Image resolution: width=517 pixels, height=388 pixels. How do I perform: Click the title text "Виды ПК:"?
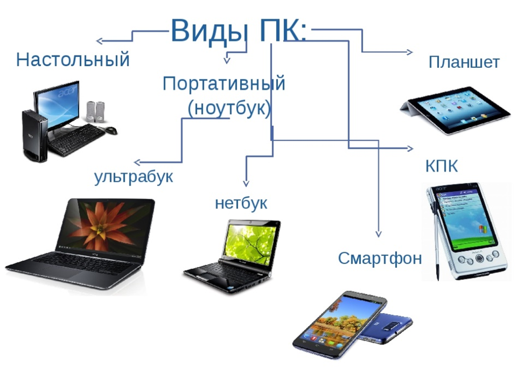(x=239, y=31)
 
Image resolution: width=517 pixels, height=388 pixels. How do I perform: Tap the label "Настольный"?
(x=73, y=60)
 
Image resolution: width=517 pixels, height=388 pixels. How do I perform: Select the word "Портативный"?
(x=224, y=84)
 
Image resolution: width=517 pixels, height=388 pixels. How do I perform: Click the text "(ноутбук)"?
(x=229, y=108)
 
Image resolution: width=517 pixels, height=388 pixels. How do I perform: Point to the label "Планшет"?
(x=464, y=62)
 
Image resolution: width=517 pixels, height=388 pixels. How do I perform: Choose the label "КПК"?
(x=442, y=166)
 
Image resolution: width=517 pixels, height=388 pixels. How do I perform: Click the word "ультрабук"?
(x=134, y=177)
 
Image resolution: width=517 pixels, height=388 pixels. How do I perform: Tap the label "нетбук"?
(x=241, y=203)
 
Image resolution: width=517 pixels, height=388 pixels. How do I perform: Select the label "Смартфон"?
(x=380, y=258)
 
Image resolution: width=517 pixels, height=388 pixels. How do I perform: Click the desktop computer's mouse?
(x=111, y=130)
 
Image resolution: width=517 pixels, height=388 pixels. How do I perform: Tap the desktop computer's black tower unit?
(x=34, y=136)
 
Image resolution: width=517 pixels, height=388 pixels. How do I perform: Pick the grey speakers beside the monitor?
(x=95, y=112)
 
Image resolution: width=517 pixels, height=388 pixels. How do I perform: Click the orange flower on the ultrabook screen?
(x=100, y=225)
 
